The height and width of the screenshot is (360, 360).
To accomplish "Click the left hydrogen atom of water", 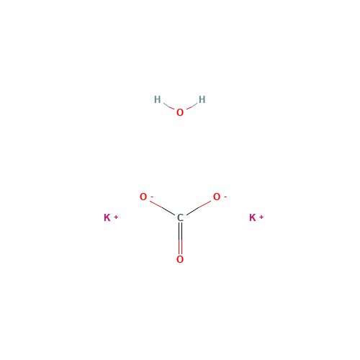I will pyautogui.click(x=157, y=99).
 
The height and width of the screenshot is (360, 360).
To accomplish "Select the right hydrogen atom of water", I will pyautogui.click(x=202, y=99).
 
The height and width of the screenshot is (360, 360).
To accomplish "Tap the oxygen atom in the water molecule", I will pyautogui.click(x=179, y=112).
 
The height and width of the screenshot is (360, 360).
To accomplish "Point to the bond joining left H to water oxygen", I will pyautogui.click(x=168, y=106).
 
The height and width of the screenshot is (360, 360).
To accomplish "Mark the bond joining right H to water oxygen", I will pyautogui.click(x=192, y=106).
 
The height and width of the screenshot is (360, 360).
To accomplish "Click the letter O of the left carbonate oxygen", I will pyautogui.click(x=143, y=197).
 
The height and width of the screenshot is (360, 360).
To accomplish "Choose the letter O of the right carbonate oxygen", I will pyautogui.click(x=216, y=197).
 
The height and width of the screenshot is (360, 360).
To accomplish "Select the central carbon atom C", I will pyautogui.click(x=180, y=218).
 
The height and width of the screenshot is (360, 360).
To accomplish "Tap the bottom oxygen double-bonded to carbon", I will pyautogui.click(x=180, y=259).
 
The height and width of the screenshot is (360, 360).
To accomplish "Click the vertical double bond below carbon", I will pyautogui.click(x=180, y=239).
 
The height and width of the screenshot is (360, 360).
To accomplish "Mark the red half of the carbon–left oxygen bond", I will pyautogui.click(x=157, y=205).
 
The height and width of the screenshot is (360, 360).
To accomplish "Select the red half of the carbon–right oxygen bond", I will pyautogui.click(x=203, y=205).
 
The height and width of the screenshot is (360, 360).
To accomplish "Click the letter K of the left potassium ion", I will pyautogui.click(x=107, y=217).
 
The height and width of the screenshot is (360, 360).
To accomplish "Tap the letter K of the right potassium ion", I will pyautogui.click(x=252, y=217).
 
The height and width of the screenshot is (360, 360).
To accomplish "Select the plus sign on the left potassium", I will pyautogui.click(x=116, y=215).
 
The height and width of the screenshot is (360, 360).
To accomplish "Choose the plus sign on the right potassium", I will pyautogui.click(x=261, y=215).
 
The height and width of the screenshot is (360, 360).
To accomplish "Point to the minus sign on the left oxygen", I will pyautogui.click(x=151, y=195).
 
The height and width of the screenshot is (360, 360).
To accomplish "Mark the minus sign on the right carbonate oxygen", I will pyautogui.click(x=225, y=195).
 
